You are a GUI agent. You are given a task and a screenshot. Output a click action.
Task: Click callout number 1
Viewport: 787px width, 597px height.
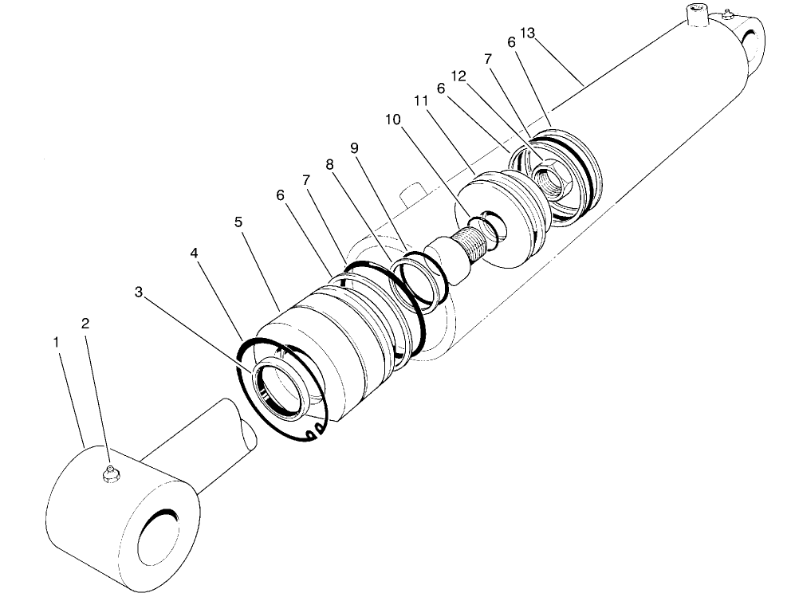(56, 341)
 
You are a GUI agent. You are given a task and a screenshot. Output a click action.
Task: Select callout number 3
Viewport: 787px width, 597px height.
(139, 293)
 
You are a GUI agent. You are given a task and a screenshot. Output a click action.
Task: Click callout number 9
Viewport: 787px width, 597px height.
(355, 147)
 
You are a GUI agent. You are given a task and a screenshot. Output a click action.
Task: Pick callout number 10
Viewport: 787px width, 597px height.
(391, 119)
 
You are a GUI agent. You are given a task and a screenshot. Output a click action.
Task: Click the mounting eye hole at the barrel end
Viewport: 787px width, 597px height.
(752, 40)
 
